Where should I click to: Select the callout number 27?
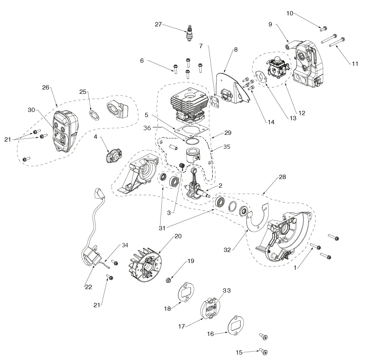158,24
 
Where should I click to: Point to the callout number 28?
282,177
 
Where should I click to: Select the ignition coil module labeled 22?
92,256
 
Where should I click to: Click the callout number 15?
239,352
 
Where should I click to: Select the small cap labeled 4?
112,156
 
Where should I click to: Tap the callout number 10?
290,13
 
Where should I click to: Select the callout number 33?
227,290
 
